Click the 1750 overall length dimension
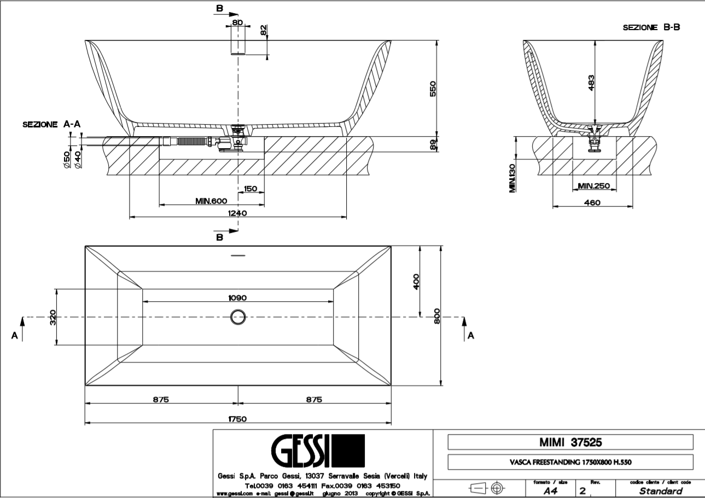pos(237,419)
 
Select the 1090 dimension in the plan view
pos(237,298)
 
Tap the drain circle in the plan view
pos(238,317)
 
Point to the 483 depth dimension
pos(591,82)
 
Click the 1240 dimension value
pos(237,213)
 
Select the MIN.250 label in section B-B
pos(593,186)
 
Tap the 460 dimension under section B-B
pos(592,202)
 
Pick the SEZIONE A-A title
pos(51,124)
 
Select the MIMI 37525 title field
pos(570,441)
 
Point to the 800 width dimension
pos(437,316)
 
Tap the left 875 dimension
pos(161,399)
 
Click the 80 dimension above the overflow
pos(237,22)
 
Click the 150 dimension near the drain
pos(250,189)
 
